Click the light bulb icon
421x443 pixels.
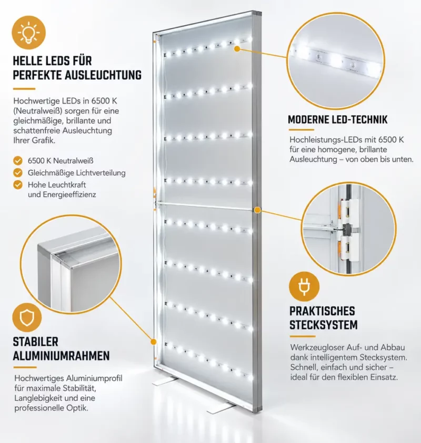(28, 33)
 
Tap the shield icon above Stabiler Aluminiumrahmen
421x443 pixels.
(27, 317)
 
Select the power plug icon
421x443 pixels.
(304, 286)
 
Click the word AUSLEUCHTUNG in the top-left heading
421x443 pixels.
(103, 75)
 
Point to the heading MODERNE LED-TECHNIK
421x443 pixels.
(337, 120)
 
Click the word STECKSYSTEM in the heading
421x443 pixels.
(324, 325)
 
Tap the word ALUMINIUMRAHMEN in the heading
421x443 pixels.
(61, 356)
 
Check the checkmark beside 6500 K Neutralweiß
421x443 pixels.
(18, 161)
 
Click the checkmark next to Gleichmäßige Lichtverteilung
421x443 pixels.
(18, 172)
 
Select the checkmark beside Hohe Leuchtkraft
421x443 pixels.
(18, 185)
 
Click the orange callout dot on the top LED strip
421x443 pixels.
(237, 49)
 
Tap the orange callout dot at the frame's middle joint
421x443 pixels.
(257, 210)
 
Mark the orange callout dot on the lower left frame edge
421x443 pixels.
(153, 342)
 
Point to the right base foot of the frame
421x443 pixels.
(222, 408)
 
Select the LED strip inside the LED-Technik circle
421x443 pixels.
(335, 60)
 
